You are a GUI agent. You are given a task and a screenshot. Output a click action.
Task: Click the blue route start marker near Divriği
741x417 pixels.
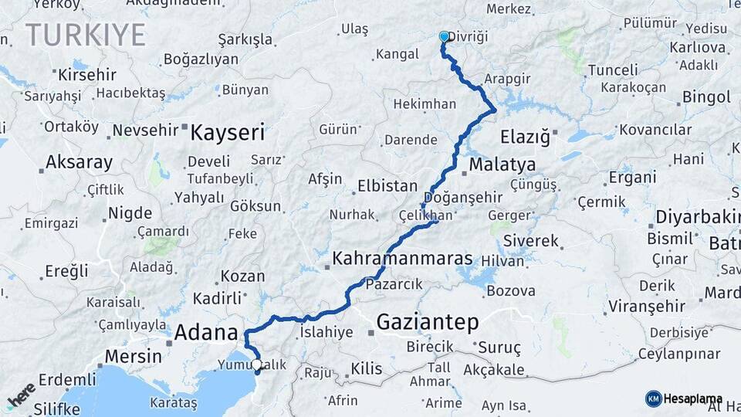(x=444, y=36)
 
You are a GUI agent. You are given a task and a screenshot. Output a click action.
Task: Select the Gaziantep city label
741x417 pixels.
(x=428, y=321)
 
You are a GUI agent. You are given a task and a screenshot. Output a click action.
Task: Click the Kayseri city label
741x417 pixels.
(x=227, y=132)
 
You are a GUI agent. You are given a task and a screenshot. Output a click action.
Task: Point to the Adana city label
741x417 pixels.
(x=206, y=334)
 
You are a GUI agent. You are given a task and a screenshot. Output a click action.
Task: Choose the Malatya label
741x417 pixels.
(x=502, y=165)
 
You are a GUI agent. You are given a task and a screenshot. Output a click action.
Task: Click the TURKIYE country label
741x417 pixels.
(x=86, y=36)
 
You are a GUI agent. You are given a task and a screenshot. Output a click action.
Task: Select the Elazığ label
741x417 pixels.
(x=525, y=138)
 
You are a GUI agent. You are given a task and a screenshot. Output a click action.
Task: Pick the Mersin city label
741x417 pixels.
(x=133, y=357)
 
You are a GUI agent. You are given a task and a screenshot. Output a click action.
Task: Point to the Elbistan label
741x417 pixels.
(x=387, y=186)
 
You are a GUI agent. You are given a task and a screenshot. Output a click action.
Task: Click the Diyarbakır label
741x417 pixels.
(x=698, y=218)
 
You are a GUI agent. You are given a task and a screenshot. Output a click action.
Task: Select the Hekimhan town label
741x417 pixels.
(x=425, y=103)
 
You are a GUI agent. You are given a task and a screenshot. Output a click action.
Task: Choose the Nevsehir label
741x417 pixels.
(x=146, y=131)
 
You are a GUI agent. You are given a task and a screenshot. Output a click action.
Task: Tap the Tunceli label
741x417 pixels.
(x=613, y=70)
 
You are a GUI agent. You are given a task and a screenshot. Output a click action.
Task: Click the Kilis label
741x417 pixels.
(x=366, y=369)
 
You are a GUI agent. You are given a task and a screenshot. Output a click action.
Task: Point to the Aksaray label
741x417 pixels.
(x=79, y=163)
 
